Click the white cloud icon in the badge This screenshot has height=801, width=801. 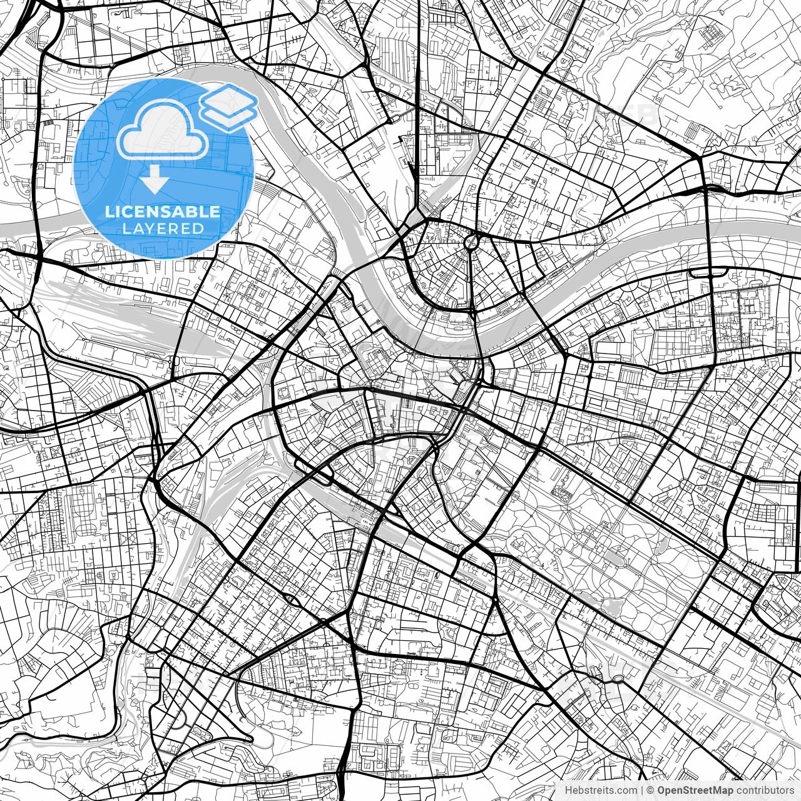[163, 130]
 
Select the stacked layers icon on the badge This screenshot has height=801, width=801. [229, 106]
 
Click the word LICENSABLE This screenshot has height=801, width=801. [163, 212]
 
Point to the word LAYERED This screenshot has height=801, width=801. [163, 229]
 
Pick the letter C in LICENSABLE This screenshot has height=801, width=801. [131, 212]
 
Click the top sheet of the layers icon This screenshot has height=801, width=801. [229, 98]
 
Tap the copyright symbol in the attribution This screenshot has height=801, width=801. [650, 790]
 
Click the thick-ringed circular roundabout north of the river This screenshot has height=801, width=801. [471, 240]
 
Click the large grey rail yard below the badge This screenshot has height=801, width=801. [125, 319]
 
